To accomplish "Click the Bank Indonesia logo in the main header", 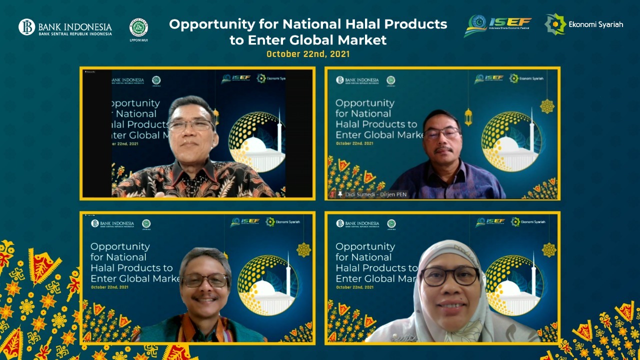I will click(65, 27).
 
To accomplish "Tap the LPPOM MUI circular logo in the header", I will click(138, 27).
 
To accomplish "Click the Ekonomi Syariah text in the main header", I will click(595, 24).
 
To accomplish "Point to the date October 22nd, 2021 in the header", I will click(308, 54).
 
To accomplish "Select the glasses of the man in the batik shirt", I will click(191, 124).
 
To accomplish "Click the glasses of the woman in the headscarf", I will click(449, 275).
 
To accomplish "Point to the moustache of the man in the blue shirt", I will click(442, 149).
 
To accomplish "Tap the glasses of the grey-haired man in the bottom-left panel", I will click(205, 280).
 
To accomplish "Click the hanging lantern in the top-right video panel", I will click(468, 116).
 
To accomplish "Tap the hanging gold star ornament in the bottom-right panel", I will click(549, 249).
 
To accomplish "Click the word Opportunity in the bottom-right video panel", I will click(365, 246).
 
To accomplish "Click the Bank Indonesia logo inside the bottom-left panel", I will click(112, 224).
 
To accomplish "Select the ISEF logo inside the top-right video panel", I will click(489, 78).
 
